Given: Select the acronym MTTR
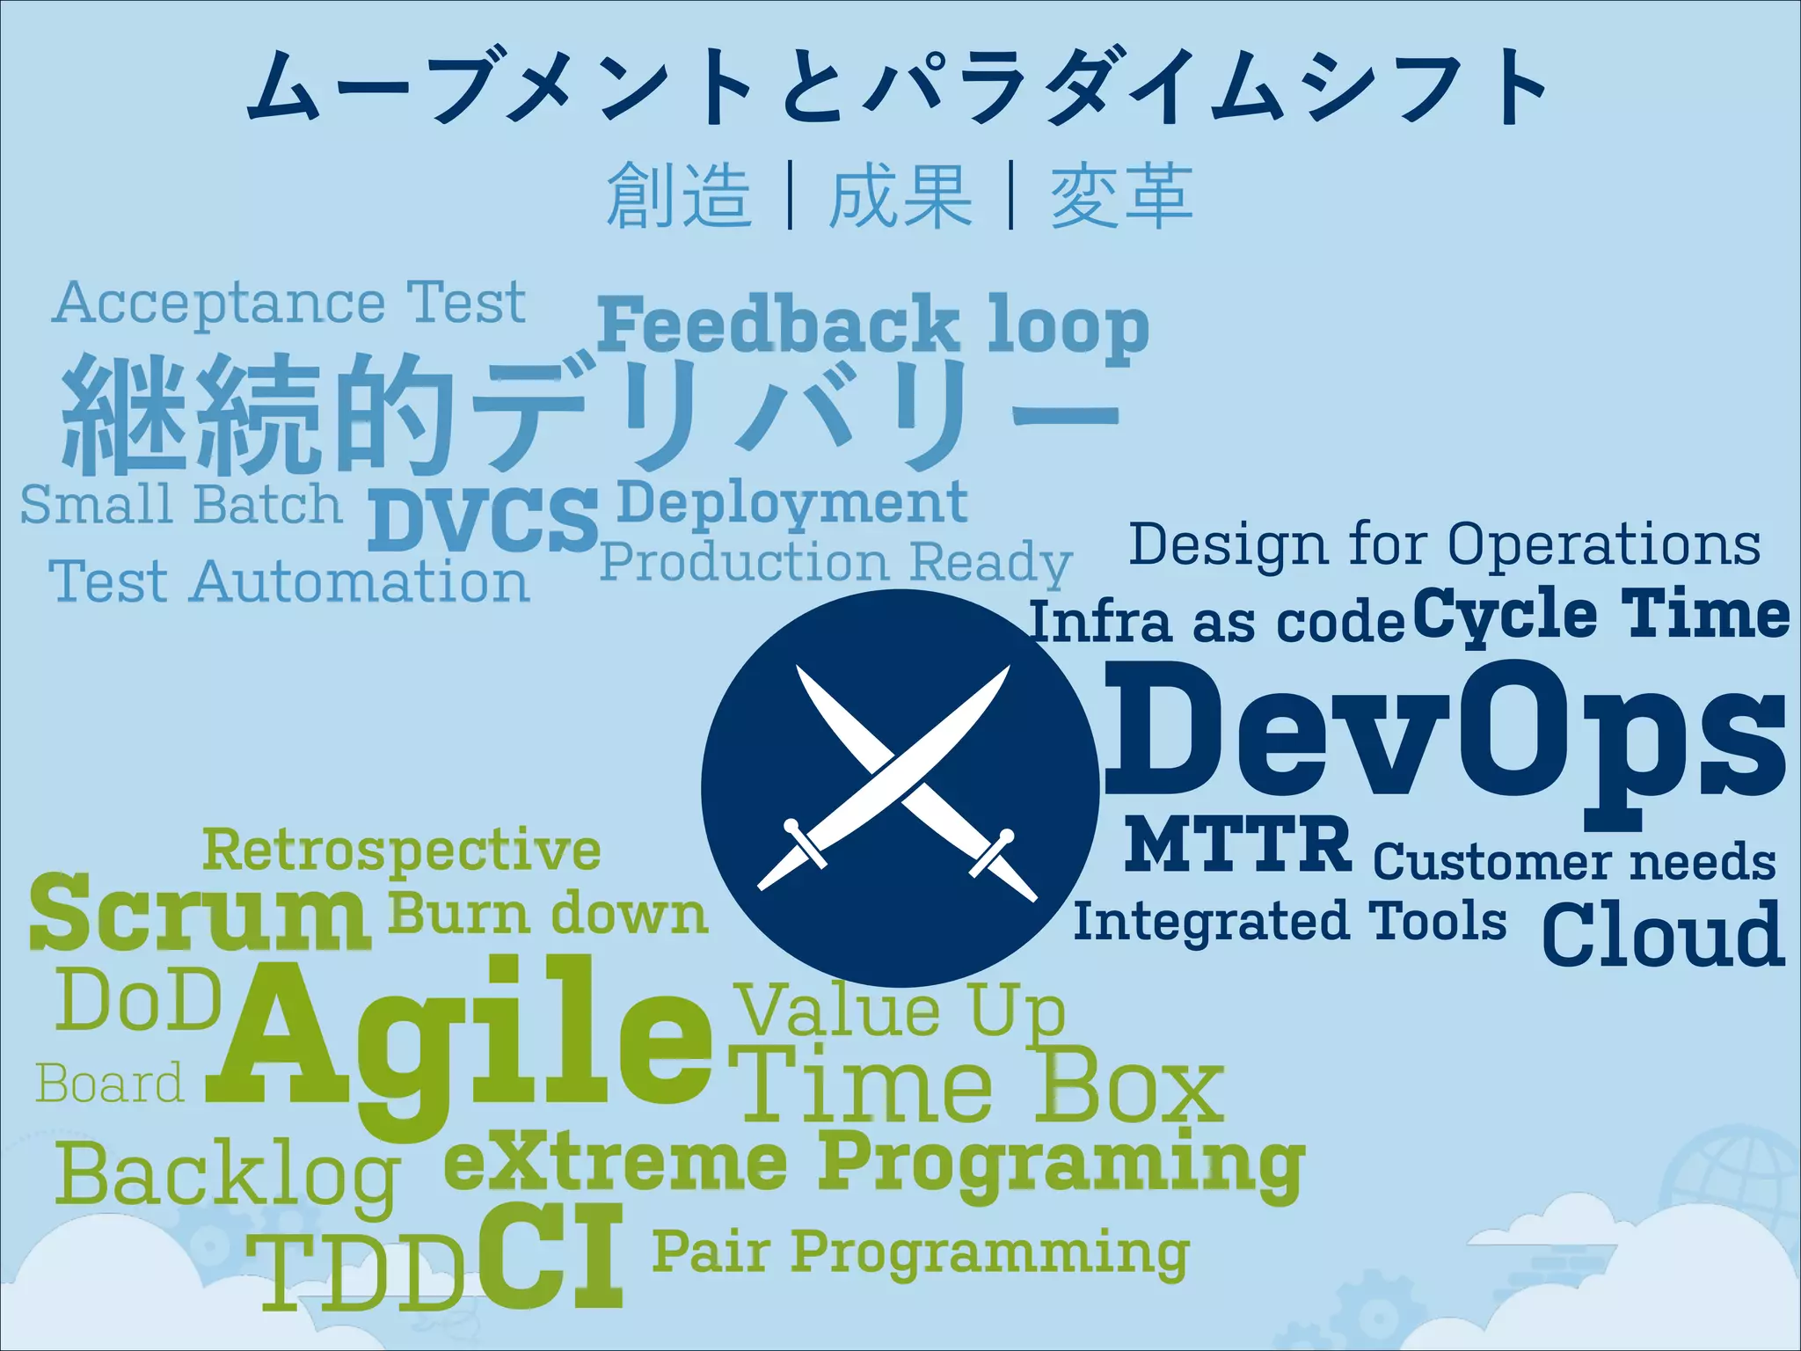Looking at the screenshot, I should pos(1237,843).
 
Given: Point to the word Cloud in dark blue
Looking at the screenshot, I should pos(1663,934).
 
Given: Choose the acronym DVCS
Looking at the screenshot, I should pos(482,519).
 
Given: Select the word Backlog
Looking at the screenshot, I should pos(227,1177).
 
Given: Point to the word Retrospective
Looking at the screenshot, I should pos(401,851).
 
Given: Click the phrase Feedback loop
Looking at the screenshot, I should pos(872,325).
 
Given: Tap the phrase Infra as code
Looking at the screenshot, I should pos(1216,622).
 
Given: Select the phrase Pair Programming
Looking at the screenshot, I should pos(920,1252).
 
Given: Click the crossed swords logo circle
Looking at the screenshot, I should pos(900,787).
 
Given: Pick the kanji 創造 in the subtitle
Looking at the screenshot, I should pos(678,195).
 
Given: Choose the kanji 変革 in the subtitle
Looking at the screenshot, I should pos(1121,195).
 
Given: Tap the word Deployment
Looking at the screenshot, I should pos(791,503).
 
